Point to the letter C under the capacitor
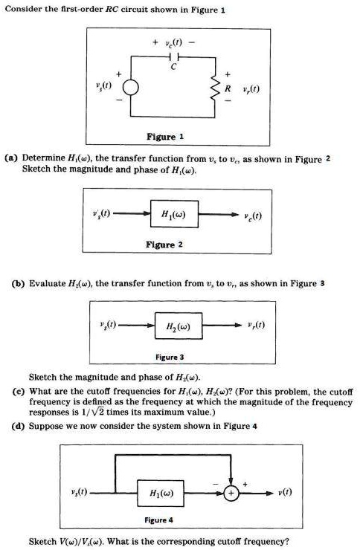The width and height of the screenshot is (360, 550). coord(174,68)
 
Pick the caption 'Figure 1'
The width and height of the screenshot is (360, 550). coord(171,137)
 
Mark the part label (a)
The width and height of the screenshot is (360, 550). coord(11,158)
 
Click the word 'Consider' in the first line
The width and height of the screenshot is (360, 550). coord(25,10)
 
